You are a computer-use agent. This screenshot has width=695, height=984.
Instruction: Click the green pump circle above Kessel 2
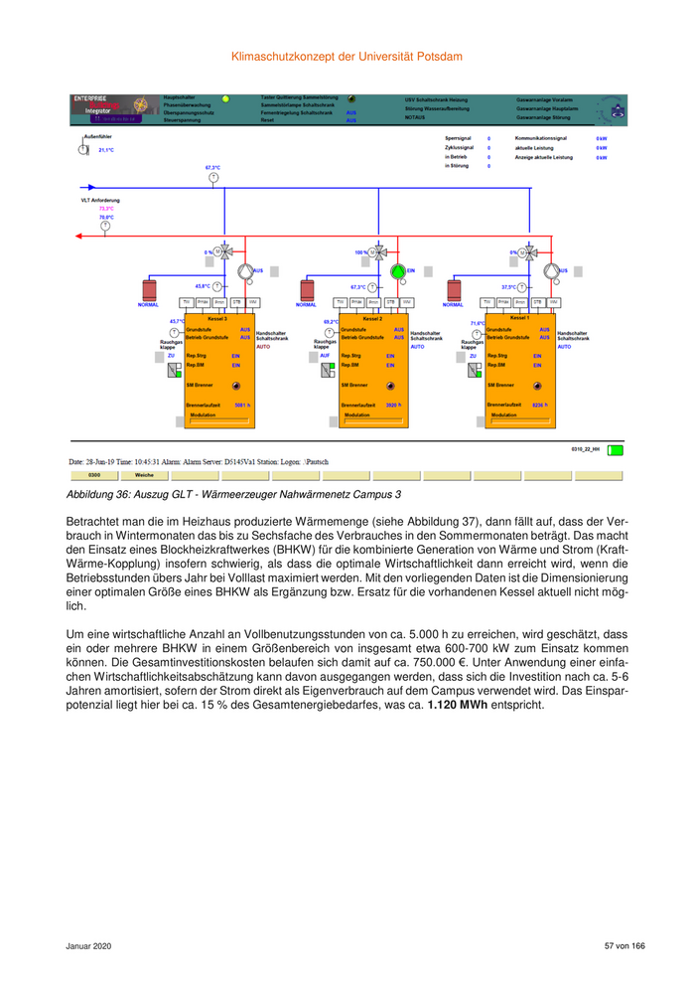coord(398,270)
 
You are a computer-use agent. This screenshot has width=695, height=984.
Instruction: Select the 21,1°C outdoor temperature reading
coord(106,150)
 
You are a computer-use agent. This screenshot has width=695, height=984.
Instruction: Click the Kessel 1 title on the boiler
coord(520,319)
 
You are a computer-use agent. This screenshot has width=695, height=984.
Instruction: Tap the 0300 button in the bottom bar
coord(95,475)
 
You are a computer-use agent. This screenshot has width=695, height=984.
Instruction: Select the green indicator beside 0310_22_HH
coord(616,450)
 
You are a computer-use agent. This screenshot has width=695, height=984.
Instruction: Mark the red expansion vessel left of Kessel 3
coord(149,289)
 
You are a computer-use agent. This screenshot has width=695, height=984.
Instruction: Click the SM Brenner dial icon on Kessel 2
coord(389,385)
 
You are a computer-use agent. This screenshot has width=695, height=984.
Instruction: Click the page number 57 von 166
coord(625,945)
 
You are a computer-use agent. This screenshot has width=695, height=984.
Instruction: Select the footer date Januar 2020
coord(89,945)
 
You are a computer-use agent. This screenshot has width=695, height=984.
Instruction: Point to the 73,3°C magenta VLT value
coord(106,209)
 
